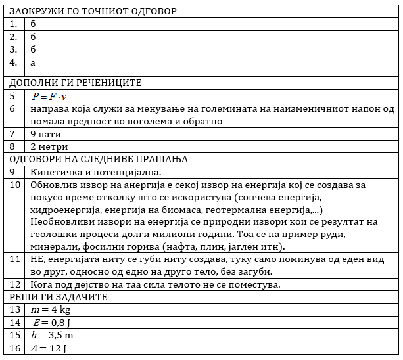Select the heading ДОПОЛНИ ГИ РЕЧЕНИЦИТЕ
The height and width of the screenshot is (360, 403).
click(x=76, y=83)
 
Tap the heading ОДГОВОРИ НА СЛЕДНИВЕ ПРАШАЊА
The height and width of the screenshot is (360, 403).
click(x=99, y=160)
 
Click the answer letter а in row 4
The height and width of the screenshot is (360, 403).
click(x=33, y=63)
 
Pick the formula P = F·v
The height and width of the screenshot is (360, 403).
click(x=49, y=96)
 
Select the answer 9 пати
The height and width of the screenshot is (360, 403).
click(x=45, y=134)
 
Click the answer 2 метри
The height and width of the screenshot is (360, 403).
click(x=49, y=146)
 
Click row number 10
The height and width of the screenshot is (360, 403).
click(x=15, y=185)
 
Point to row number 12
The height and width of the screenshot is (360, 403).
click(x=15, y=284)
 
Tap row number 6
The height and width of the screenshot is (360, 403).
click(x=12, y=109)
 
